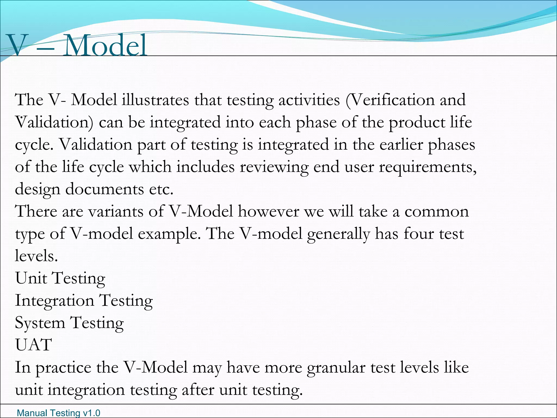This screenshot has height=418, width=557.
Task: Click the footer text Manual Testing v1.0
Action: [58, 413]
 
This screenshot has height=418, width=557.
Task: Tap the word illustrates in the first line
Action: [155, 100]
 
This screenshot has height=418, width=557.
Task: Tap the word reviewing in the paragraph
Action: [274, 167]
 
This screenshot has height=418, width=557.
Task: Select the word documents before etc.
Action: [104, 189]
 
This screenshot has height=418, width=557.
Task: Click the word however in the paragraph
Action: [268, 211]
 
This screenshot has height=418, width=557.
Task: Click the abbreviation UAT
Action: [33, 345]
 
